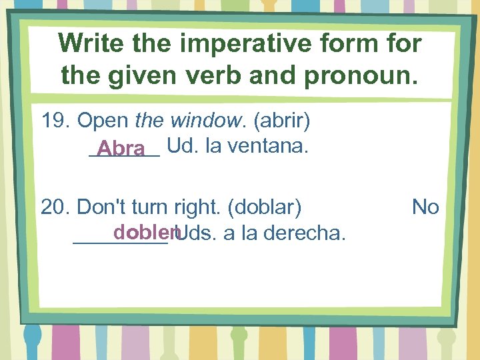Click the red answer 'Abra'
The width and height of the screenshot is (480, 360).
(121, 147)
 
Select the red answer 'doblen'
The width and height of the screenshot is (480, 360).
(145, 232)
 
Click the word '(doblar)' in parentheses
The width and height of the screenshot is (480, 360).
(265, 207)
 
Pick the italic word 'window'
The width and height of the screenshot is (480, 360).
(206, 121)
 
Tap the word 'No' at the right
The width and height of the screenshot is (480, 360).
(425, 207)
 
